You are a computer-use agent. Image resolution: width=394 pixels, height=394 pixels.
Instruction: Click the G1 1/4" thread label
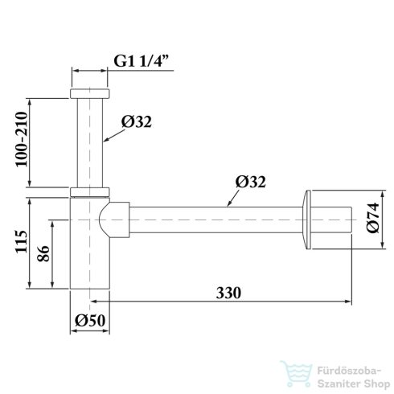(x=142, y=61)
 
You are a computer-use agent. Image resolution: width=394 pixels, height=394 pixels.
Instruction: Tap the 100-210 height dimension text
(x=22, y=140)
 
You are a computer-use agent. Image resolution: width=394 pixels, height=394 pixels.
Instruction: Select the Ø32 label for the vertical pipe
(x=137, y=121)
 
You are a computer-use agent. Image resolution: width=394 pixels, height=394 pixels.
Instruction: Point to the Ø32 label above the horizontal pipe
(x=251, y=182)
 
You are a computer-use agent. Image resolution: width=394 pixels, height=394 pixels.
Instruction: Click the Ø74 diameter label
(x=373, y=218)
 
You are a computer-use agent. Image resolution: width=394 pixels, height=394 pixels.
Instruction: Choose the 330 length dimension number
(x=228, y=293)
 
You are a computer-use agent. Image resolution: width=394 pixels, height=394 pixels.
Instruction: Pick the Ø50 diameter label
(x=90, y=320)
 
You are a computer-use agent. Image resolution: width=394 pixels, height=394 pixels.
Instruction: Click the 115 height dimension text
(x=22, y=241)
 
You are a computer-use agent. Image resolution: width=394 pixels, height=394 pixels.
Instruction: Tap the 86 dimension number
(x=43, y=253)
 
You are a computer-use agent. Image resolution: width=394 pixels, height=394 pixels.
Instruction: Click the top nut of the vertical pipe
(x=90, y=93)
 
